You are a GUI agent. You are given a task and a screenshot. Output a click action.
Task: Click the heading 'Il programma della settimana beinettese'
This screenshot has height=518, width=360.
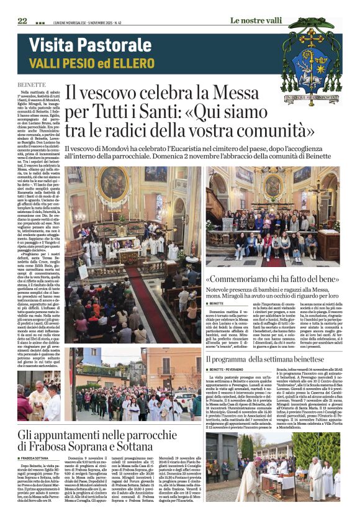pos(266,359)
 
